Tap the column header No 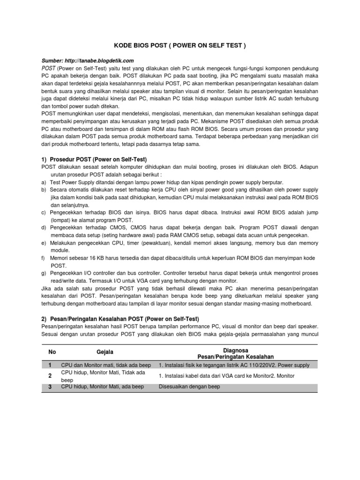52,352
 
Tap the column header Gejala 105,352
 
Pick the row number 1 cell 50,365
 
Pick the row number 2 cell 50,376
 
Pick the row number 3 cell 50,387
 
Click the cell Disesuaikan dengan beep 189,387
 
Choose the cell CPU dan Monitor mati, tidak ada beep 106,365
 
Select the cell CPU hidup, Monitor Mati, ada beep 102,387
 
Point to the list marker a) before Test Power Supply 44,182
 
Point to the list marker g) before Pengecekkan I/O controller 44,273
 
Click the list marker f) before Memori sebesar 43,258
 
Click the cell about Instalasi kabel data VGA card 227,376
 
